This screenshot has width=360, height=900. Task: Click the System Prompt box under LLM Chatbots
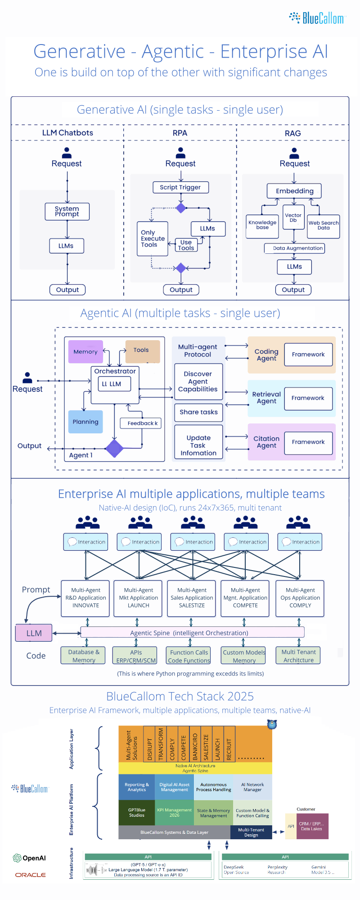tap(67, 211)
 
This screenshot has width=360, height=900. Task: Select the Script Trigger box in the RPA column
tap(180, 187)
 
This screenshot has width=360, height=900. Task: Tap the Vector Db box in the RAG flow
tap(293, 217)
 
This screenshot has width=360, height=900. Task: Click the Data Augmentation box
tap(294, 248)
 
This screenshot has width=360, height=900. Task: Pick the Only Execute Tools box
tap(152, 238)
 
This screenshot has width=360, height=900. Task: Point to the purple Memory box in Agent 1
tap(85, 351)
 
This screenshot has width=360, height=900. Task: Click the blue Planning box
tap(85, 422)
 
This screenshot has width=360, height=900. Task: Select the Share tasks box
tap(198, 412)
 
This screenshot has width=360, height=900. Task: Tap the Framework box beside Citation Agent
tap(308, 442)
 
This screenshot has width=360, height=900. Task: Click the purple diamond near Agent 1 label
tap(114, 448)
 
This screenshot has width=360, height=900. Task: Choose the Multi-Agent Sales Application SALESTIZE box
tap(192, 598)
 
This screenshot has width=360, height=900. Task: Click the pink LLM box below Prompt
tap(34, 633)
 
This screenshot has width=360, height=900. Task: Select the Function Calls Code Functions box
tap(189, 656)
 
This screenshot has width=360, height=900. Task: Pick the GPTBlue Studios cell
tap(136, 812)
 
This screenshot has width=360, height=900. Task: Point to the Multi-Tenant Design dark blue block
tap(251, 832)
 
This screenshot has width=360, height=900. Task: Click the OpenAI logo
tap(30, 858)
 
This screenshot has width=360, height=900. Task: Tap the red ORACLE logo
tap(31, 875)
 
